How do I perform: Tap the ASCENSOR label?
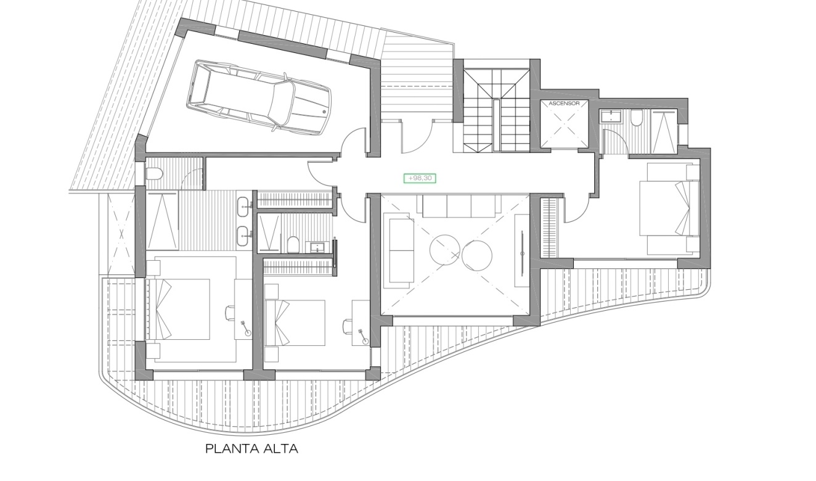564,104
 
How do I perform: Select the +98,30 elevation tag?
420,178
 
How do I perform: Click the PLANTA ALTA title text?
251,449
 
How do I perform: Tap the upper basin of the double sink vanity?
245,204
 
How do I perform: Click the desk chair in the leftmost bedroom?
230,313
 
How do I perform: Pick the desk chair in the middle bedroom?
347,325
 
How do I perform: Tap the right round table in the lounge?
476,255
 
